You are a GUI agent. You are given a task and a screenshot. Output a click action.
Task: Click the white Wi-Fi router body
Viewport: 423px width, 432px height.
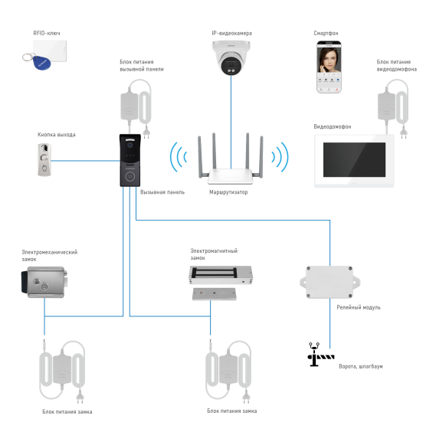click(230, 175)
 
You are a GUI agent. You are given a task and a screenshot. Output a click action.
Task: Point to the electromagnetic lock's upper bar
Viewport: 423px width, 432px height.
click(221, 274)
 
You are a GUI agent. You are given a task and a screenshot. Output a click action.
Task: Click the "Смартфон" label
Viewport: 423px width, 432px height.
click(325, 34)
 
